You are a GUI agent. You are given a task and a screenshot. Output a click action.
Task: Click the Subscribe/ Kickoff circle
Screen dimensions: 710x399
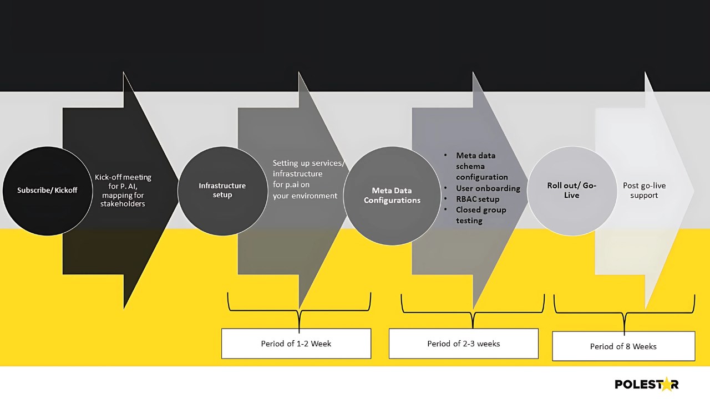point(48,191)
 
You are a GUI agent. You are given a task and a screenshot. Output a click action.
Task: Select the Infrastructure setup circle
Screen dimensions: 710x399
point(223,191)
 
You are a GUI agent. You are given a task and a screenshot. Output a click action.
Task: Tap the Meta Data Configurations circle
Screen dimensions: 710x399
point(392,196)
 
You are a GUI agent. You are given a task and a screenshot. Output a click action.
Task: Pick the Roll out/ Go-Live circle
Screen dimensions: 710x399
point(572,191)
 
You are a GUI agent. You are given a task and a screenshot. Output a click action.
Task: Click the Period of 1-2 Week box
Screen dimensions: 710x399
point(296,344)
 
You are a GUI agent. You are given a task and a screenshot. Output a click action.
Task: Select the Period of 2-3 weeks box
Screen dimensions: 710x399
point(463,344)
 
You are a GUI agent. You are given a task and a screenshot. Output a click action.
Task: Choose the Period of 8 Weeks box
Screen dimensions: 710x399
point(623,346)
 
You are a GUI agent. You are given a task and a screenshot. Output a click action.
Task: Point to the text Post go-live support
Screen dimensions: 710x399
point(644,190)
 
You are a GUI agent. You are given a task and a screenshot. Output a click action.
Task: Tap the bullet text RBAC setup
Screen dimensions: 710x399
point(478,199)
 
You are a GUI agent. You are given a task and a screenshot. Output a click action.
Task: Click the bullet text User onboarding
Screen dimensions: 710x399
point(488,188)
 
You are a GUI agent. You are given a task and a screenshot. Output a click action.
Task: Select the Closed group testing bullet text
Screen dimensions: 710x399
point(481,216)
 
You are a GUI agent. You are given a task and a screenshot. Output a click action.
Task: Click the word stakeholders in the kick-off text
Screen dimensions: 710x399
point(123,203)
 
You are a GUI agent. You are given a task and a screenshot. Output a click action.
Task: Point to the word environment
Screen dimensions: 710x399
point(315,196)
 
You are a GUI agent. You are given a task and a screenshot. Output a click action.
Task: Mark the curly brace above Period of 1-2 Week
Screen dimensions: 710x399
point(299,311)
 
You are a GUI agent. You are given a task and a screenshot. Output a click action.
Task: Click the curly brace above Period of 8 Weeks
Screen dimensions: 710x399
point(624,313)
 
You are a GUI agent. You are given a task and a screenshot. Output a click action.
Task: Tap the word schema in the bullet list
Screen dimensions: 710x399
point(470,167)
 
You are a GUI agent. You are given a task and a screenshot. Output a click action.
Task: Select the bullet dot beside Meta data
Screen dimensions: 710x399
point(445,155)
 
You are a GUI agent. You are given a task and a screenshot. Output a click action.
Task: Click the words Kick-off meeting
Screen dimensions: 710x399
point(123,177)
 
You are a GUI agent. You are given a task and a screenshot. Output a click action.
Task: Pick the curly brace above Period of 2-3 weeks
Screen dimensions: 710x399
point(473,312)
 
